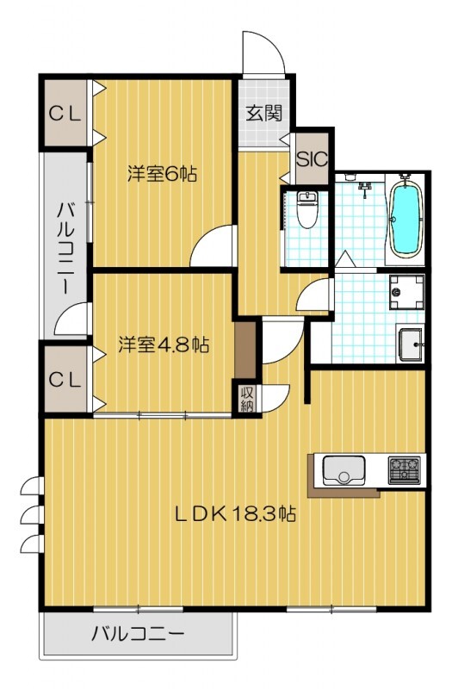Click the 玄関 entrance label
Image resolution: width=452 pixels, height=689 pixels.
pos(263,112)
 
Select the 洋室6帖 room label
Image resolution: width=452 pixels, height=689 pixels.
pos(163,174)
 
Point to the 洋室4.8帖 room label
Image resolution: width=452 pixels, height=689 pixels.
pos(164,344)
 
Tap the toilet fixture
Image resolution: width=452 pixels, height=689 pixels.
pos(306,209)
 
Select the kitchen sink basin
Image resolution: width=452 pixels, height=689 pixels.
pos(344,470)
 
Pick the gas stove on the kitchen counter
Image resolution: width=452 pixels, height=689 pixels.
pos(403,470)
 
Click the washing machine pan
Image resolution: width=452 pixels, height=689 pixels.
pos(406,292)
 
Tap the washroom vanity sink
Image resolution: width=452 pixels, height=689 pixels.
pos(412,346)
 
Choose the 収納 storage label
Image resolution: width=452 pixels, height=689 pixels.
pos(247,399)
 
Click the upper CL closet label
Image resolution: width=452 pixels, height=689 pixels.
pos(65,114)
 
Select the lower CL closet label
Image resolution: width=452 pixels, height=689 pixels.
pos(65,380)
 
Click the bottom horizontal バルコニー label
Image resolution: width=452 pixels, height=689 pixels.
pos(138,635)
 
